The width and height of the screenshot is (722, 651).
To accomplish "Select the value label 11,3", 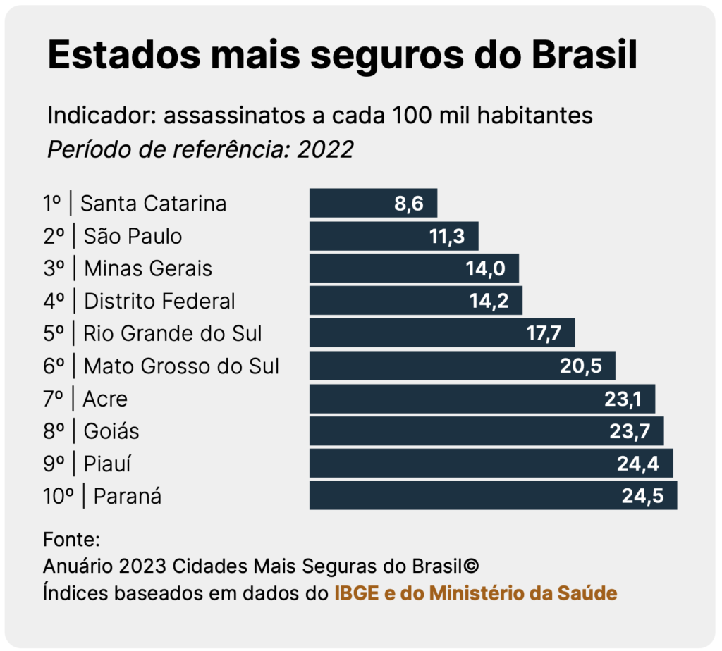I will pos(447,237).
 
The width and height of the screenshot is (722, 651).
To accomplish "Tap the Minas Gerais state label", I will pos(148,268).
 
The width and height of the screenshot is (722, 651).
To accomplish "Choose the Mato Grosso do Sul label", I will pos(181,366).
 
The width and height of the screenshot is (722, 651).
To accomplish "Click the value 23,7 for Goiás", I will pos(627,431).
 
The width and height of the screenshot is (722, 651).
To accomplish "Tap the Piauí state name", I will pos(108,464).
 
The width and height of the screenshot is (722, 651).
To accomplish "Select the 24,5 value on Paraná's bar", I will pos(642,496).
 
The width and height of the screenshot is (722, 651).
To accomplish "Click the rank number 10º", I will pos(59,496).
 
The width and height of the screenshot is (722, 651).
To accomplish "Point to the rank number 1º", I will pos(52,204).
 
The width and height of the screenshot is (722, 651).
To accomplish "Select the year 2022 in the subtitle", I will pos(325,150).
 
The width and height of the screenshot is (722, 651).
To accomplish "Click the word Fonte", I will pos(71,540).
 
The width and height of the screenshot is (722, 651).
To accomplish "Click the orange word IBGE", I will pos(356,593).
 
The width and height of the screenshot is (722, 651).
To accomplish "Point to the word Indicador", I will pos(99,116).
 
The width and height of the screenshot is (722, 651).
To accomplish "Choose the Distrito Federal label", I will pos(159,302).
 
